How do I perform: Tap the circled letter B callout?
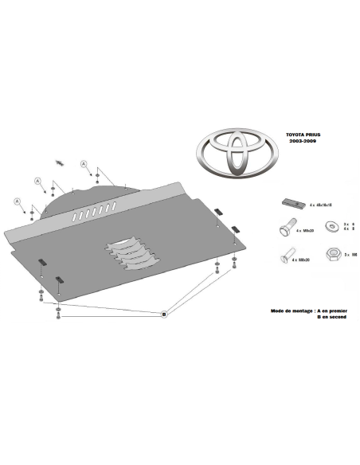(x=163, y=315)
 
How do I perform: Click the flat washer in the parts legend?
(x=331, y=225)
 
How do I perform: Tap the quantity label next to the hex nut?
(x=349, y=255)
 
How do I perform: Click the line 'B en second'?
(x=331, y=317)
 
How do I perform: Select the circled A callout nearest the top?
(x=84, y=163)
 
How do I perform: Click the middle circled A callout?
(x=38, y=182)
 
